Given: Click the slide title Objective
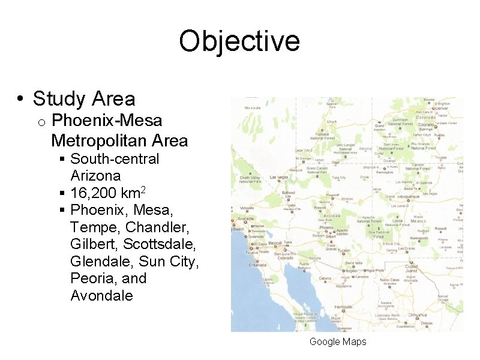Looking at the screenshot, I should coord(239,41).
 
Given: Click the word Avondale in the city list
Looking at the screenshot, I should coord(101,295).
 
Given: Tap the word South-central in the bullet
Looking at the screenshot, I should coord(115,159).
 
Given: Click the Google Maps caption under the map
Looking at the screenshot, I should coord(337,341).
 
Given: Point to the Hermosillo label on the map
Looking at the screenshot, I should coord(344,306).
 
